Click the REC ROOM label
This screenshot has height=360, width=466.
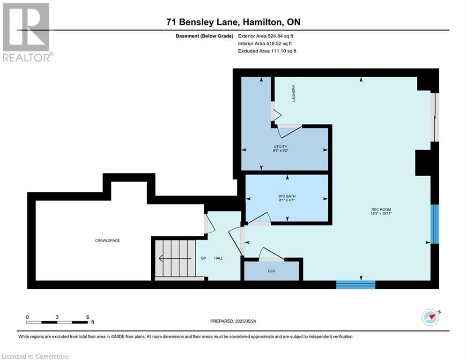381,210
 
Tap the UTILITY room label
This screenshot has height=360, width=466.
281,147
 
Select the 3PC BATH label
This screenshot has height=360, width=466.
287,196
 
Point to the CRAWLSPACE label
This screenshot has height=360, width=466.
107,240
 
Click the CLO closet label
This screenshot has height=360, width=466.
271,271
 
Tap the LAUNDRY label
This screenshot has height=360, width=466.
294,93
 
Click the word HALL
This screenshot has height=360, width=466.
218,258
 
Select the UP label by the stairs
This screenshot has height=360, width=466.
203,258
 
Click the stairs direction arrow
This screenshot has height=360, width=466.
175,258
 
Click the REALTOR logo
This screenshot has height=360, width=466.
27,32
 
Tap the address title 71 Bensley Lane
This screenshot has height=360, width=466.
202,22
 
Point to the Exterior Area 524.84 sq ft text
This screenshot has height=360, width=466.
266,36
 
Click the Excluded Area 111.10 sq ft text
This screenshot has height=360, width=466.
267,51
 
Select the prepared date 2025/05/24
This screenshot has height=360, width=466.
245,321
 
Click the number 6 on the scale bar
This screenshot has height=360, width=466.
88,317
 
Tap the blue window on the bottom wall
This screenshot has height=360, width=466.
356,285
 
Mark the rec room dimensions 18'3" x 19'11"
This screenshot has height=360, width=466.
381,213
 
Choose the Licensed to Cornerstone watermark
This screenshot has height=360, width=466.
36,356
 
